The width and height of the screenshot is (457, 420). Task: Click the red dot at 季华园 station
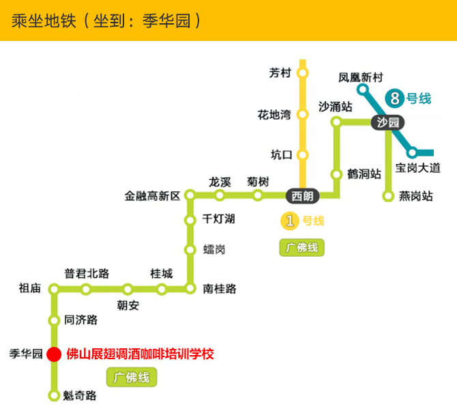[55, 354]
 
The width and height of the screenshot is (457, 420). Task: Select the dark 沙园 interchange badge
[387, 123]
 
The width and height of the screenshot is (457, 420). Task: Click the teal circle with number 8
[394, 98]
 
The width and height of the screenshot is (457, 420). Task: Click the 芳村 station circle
[303, 72]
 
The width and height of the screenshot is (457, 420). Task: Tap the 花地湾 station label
[274, 114]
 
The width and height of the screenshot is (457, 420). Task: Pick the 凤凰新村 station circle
[363, 89]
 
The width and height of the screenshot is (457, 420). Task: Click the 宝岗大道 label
[417, 167]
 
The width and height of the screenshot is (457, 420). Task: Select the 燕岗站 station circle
[388, 197]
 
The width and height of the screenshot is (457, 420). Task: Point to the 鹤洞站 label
[364, 174]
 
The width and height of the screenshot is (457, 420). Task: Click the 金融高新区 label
[152, 196]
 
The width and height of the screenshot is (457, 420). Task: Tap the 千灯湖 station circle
[190, 220]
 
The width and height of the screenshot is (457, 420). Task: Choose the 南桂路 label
[220, 289]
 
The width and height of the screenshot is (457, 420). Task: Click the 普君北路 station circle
[86, 290]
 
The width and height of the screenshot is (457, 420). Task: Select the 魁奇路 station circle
[55, 395]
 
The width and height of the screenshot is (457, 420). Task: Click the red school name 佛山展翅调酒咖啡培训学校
[140, 354]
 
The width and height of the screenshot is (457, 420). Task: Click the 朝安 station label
[128, 306]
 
